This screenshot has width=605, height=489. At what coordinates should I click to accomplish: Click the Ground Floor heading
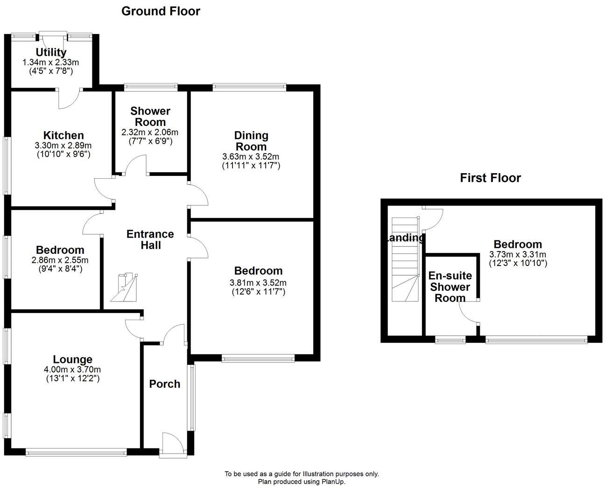point(161,11)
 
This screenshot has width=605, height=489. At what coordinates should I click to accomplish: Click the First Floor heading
point(490,178)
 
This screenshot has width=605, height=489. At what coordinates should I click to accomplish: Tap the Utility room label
point(51,52)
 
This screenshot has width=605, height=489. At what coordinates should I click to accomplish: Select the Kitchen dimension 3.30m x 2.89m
point(62,145)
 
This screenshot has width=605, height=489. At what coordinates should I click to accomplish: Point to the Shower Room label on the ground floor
point(150,116)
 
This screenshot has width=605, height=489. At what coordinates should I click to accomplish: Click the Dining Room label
point(251,141)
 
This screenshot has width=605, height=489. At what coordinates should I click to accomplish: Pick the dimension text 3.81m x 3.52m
point(258,282)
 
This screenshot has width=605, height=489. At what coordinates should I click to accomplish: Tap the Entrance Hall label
point(150,239)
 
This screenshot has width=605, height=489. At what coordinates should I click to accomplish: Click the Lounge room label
point(72,359)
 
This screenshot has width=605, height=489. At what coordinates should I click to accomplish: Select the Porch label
point(164,384)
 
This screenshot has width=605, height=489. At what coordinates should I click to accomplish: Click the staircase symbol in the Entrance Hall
point(125,287)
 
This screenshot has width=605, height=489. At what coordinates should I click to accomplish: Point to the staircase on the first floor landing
point(404,261)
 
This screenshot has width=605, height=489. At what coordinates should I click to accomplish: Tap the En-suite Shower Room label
point(450,287)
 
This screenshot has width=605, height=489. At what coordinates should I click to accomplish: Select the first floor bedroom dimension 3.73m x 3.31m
point(518,254)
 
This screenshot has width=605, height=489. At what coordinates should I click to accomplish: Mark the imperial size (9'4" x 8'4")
point(60,269)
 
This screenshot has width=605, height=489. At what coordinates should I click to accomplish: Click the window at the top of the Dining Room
point(249,86)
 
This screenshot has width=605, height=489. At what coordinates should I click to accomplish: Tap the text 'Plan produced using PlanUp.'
point(302,482)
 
